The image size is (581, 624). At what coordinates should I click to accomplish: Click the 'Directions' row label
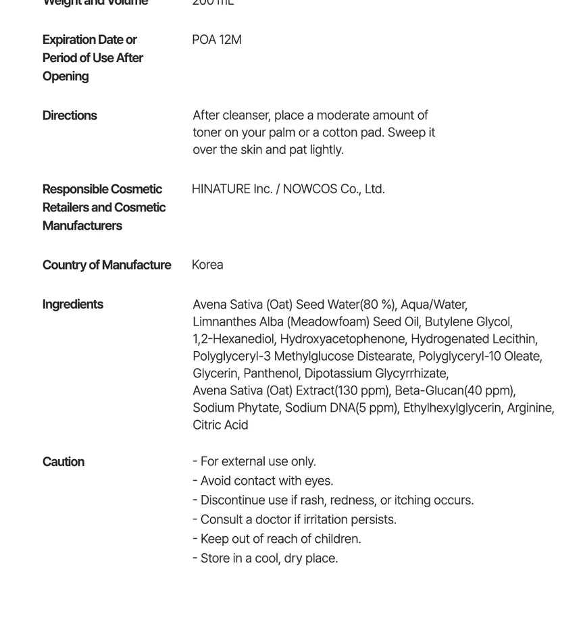tap(70, 115)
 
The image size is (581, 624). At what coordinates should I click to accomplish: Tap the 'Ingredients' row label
tap(72, 304)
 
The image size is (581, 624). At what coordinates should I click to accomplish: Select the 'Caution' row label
tap(64, 462)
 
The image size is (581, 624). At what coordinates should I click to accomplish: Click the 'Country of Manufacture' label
tap(107, 265)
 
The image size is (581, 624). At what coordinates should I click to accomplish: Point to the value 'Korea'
tap(207, 265)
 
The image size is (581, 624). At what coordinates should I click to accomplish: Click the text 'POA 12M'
tap(217, 40)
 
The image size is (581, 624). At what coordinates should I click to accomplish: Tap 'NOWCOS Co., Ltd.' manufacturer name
tap(334, 189)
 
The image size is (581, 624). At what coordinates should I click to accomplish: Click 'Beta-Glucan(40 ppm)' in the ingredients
tap(455, 390)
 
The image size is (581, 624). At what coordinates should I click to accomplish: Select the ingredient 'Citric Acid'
tap(220, 425)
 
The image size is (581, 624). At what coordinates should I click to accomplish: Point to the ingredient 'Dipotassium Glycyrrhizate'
tap(376, 373)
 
